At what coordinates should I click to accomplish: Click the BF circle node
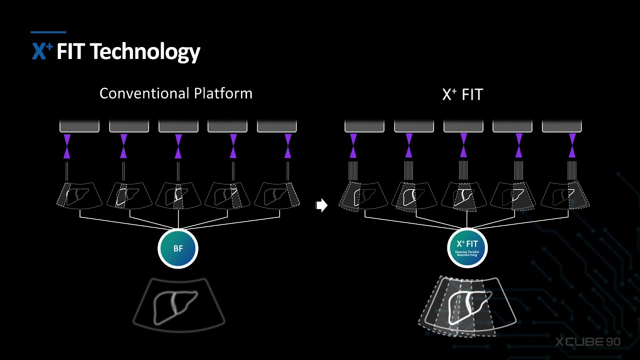(x=178, y=248)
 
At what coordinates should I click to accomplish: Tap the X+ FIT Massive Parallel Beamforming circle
(x=467, y=248)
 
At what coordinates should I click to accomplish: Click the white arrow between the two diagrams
(x=321, y=205)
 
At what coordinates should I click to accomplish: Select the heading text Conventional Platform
(x=175, y=93)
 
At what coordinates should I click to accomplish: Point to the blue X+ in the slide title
(x=42, y=51)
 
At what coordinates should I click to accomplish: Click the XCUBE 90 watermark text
(x=588, y=342)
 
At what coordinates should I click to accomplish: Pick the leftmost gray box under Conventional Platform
(x=79, y=125)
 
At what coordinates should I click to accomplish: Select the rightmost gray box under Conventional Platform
(x=276, y=125)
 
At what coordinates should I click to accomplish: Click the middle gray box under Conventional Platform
(x=178, y=125)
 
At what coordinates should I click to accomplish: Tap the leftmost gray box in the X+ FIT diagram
(x=364, y=125)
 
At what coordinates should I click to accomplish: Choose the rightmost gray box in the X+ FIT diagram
(x=561, y=125)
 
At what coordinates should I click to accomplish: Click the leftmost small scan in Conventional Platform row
(x=79, y=195)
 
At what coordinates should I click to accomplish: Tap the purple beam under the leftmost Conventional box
(x=67, y=145)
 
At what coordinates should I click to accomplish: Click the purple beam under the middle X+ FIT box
(x=463, y=145)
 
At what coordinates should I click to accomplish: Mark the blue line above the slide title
(x=48, y=32)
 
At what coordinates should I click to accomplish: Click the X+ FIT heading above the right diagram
(x=462, y=94)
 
